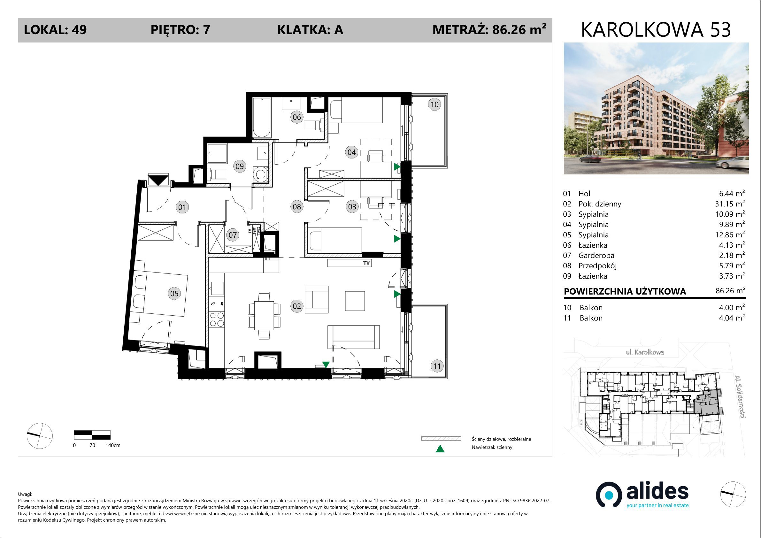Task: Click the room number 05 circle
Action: pyautogui.click(x=174, y=293)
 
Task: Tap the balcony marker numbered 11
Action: pyautogui.click(x=437, y=366)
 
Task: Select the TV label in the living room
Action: pyautogui.click(x=366, y=263)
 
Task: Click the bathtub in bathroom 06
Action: pyautogui.click(x=262, y=118)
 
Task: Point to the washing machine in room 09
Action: pyautogui.click(x=260, y=174)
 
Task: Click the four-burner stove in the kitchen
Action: pyautogui.click(x=217, y=319)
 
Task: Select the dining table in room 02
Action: pyautogui.click(x=264, y=315)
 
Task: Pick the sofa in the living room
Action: pyautogui.click(x=353, y=337)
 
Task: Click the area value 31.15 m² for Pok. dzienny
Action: pyautogui.click(x=730, y=204)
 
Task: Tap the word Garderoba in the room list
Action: pyautogui.click(x=596, y=255)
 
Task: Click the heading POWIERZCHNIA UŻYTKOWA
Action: pyautogui.click(x=625, y=291)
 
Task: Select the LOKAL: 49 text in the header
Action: pyautogui.click(x=55, y=30)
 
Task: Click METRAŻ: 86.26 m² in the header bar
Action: pyautogui.click(x=489, y=29)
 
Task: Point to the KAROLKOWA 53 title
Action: pyautogui.click(x=656, y=30)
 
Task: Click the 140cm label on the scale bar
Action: pyautogui.click(x=113, y=445)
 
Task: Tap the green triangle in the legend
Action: pyautogui.click(x=440, y=449)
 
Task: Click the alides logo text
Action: pyautogui.click(x=657, y=492)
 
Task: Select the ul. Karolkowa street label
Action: pyautogui.click(x=645, y=352)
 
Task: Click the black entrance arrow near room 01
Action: pyautogui.click(x=158, y=180)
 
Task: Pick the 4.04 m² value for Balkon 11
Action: pyautogui.click(x=732, y=318)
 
